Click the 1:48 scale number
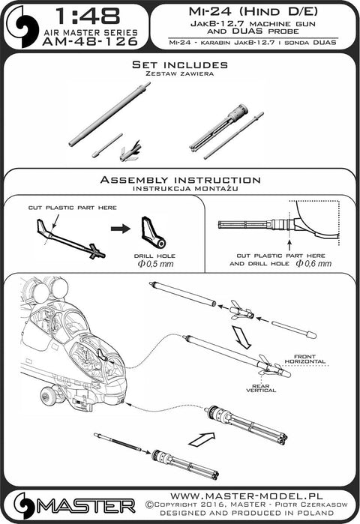[x=88, y=16]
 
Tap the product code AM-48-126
[x=90, y=41]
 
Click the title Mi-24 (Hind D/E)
[x=253, y=12]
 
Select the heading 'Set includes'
[x=180, y=64]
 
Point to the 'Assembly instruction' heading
[x=180, y=180]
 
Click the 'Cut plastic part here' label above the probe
[x=73, y=208]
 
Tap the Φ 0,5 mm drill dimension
[x=155, y=264]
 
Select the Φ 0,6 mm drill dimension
[x=313, y=264]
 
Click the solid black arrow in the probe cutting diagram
[x=120, y=229]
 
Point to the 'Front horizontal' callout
[x=304, y=359]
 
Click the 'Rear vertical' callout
[x=261, y=388]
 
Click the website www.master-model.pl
[x=247, y=496]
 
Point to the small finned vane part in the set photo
[x=130, y=151]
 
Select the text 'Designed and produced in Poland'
[x=247, y=513]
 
